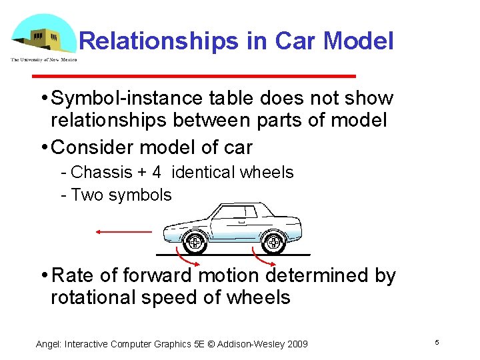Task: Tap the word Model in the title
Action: click(x=358, y=41)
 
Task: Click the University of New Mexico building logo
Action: click(x=41, y=35)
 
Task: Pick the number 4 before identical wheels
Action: click(x=156, y=173)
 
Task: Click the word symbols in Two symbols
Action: click(x=144, y=195)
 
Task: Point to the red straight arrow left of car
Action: click(x=123, y=232)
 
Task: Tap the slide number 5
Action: click(x=437, y=342)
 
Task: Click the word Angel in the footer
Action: click(x=49, y=344)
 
